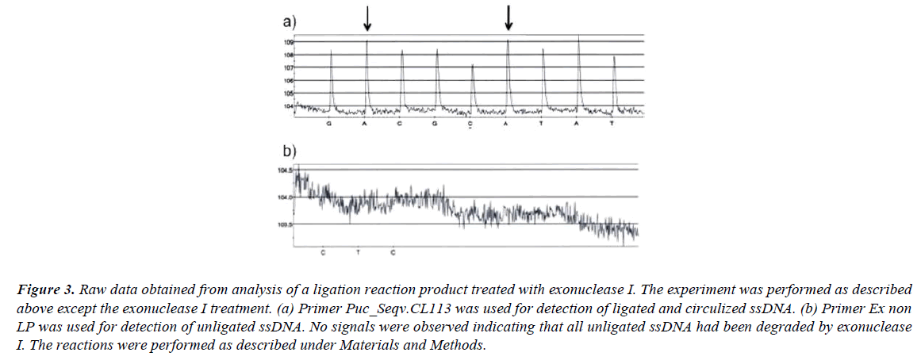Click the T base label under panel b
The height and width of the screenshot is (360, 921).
pyautogui.click(x=359, y=251)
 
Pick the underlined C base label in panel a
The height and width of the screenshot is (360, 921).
pyautogui.click(x=471, y=124)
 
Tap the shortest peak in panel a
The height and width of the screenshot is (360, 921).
pyautogui.click(x=473, y=66)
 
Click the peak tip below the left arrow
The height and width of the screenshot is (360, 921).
pyautogui.click(x=366, y=41)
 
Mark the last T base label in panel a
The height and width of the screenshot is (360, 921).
pyautogui.click(x=612, y=124)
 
